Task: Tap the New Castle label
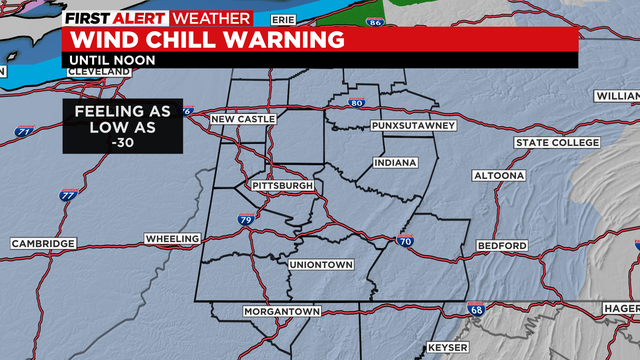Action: [x=242, y=120]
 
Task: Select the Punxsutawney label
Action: [x=413, y=126]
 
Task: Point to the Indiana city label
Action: [x=394, y=162]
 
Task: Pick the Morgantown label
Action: [x=282, y=312]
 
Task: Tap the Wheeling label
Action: [x=172, y=239]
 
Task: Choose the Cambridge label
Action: [x=43, y=244]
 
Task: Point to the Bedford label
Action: [x=502, y=245]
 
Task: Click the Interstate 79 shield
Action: [x=245, y=219]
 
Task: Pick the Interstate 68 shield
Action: [x=478, y=312]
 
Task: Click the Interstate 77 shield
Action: [x=68, y=195]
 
